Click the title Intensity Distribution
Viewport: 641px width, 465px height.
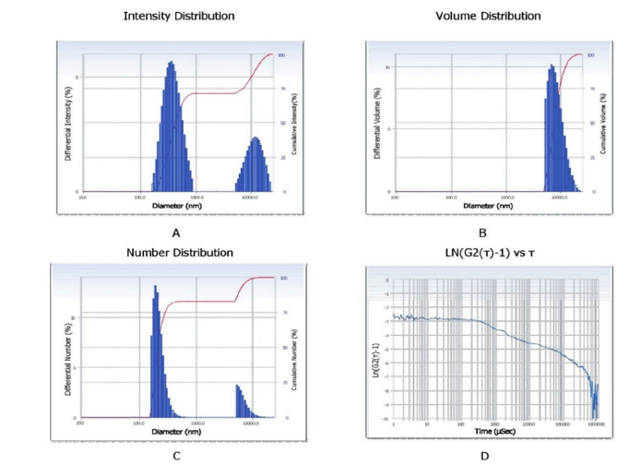(179, 16)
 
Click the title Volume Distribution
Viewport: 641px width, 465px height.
(488, 16)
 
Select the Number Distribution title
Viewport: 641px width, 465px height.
(179, 252)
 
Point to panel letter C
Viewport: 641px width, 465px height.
(176, 454)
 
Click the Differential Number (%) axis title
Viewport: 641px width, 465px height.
(71, 355)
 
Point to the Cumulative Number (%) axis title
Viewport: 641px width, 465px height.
(293, 355)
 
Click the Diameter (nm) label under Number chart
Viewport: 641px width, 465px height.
(175, 431)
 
